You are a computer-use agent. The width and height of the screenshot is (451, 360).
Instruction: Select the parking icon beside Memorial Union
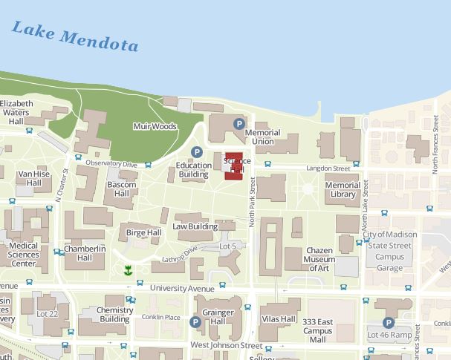(x=239, y=124)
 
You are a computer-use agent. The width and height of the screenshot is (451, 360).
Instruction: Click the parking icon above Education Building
(x=197, y=152)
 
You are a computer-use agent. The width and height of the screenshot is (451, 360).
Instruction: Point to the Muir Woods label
(x=155, y=127)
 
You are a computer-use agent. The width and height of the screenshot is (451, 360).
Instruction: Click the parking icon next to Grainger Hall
(x=195, y=322)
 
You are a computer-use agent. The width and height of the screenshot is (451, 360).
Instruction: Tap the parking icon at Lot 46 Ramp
(x=388, y=323)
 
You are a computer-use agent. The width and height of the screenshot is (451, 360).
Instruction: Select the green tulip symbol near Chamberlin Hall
(x=129, y=269)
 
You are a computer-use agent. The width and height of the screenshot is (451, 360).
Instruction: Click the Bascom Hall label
(x=121, y=189)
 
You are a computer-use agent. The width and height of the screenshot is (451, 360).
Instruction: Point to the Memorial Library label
(x=343, y=190)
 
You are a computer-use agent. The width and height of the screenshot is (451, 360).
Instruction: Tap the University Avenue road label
(x=182, y=288)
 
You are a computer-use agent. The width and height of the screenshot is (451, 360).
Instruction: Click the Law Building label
(x=195, y=226)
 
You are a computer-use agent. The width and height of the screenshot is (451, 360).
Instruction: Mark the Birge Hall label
(x=143, y=232)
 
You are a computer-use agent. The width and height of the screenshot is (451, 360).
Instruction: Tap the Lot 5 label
(x=227, y=246)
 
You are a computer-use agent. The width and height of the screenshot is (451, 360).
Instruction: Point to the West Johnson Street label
(x=227, y=345)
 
